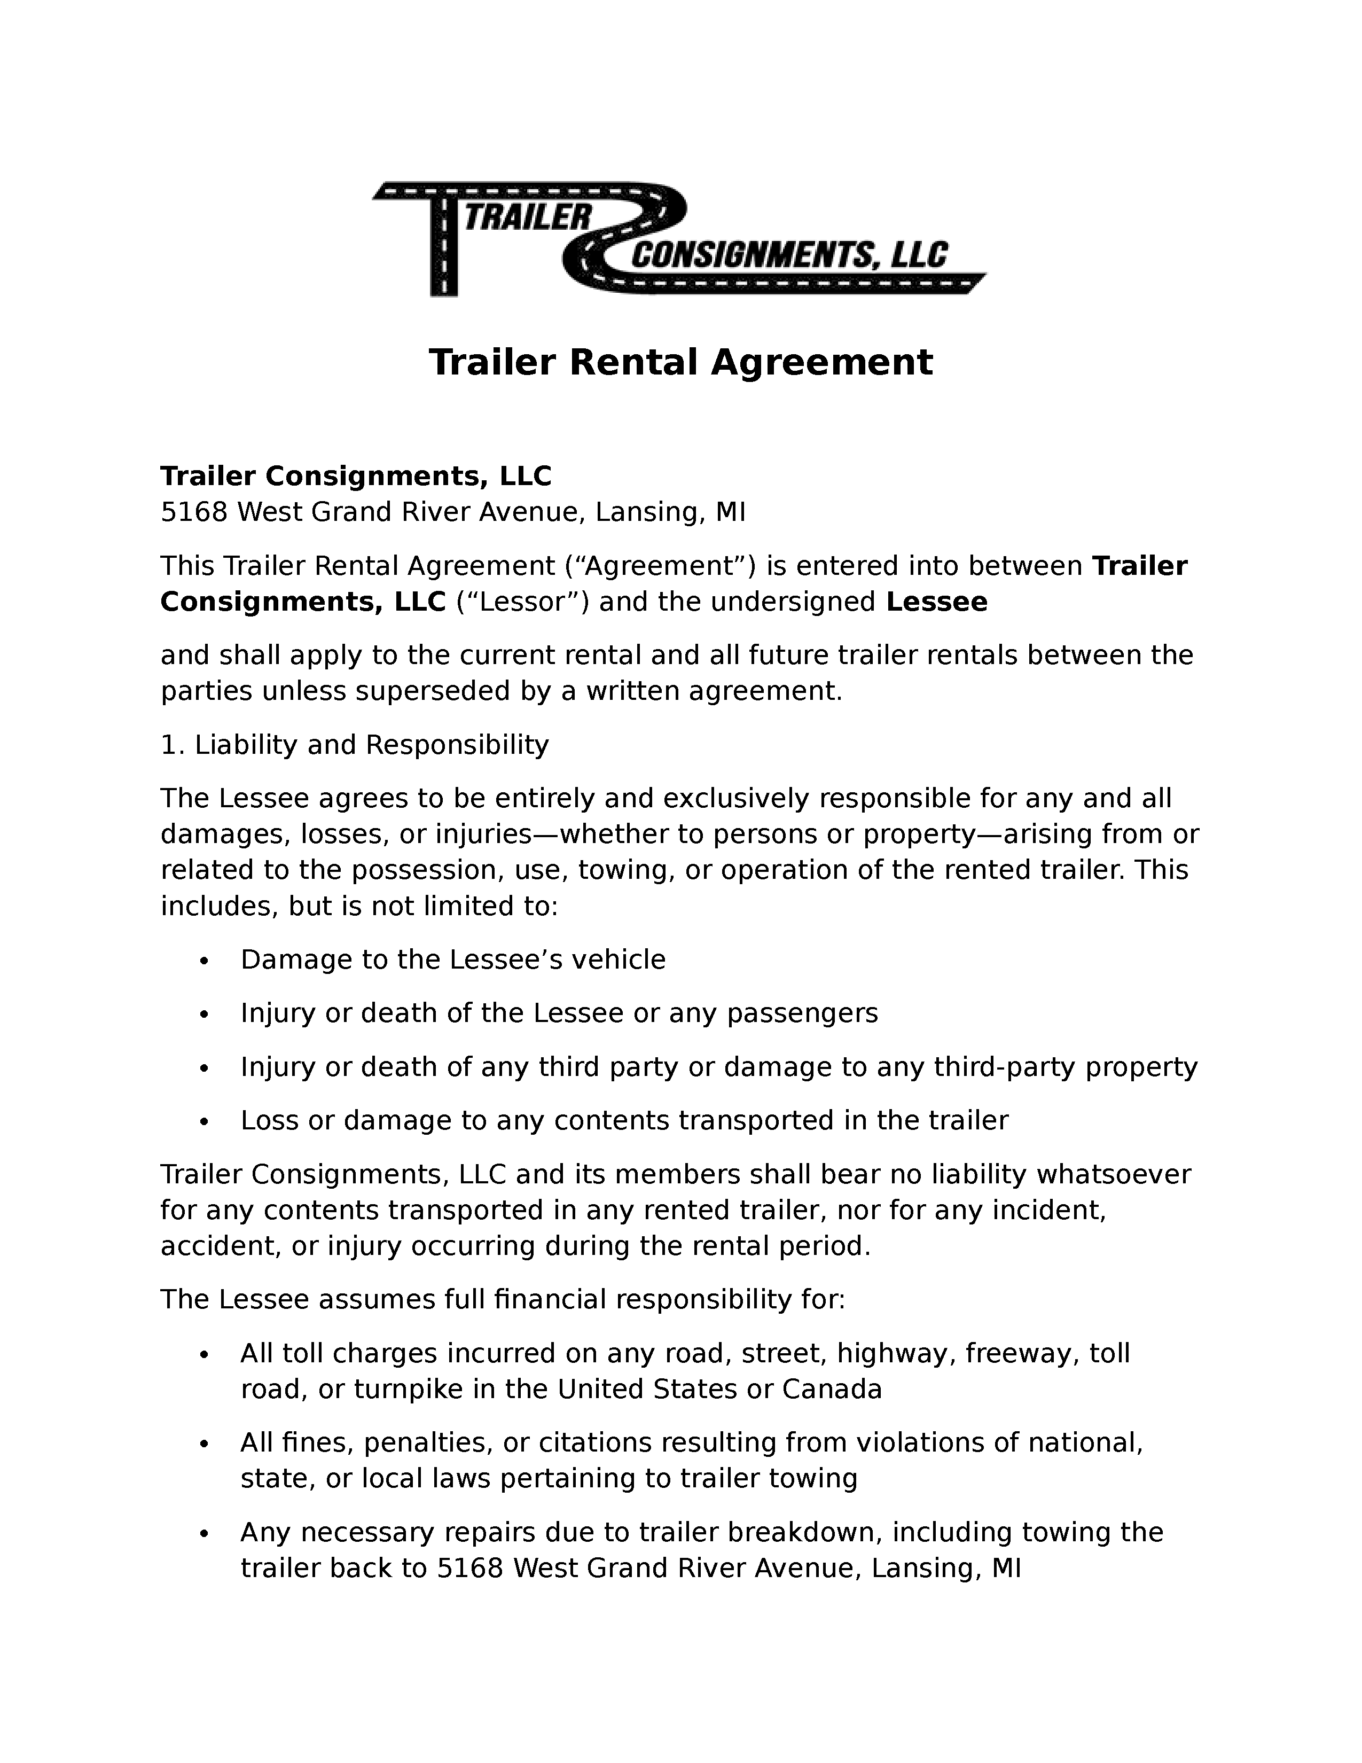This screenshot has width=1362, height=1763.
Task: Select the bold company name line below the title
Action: coord(356,476)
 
